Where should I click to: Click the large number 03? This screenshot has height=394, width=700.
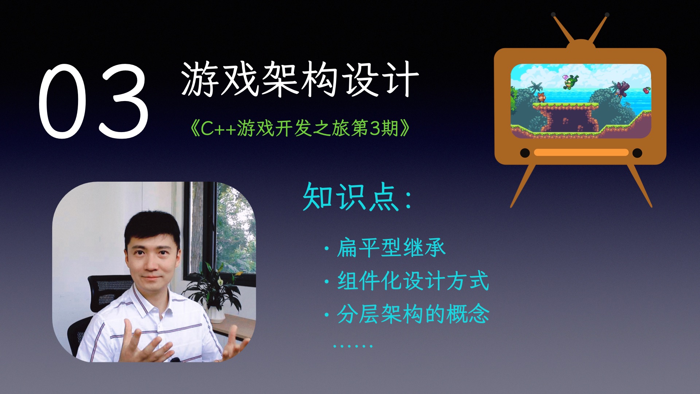click(x=93, y=101)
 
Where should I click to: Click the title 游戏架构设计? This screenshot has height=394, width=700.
click(x=300, y=79)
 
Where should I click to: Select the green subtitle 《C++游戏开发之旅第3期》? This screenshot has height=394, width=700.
click(x=300, y=128)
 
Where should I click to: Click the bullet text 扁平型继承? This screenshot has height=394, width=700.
click(x=391, y=248)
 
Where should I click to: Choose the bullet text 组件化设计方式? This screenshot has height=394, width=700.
click(x=413, y=281)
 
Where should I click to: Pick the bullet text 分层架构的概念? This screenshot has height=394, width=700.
click(x=413, y=314)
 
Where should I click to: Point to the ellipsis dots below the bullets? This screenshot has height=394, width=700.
click(x=353, y=345)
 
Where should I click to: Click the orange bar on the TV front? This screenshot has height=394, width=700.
click(x=581, y=152)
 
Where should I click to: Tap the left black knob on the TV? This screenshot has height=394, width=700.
click(x=525, y=153)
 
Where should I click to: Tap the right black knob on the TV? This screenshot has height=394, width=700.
click(x=637, y=153)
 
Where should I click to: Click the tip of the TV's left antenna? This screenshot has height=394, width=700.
click(x=553, y=15)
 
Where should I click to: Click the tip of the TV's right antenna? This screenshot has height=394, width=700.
click(x=607, y=15)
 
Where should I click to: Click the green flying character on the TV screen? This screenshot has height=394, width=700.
click(x=570, y=82)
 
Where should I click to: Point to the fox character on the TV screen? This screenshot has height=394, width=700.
click(x=541, y=97)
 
